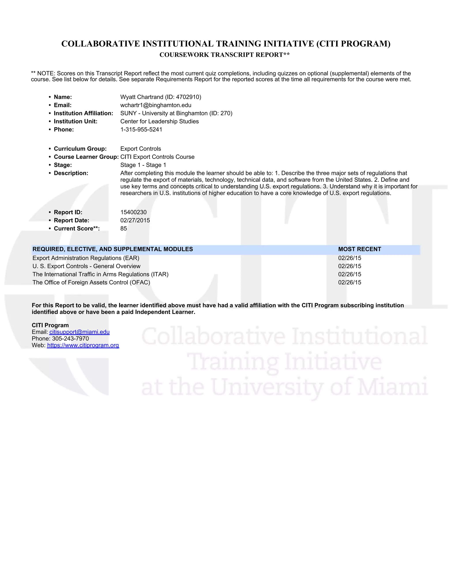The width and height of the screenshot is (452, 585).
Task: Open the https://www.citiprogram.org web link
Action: coord(83,345)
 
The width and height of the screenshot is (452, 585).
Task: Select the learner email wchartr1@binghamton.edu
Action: coord(156,105)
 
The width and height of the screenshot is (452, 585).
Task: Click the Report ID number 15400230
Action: coord(133,212)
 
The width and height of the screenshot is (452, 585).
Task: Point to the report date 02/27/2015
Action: coord(135,221)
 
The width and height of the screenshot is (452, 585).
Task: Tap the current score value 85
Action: coord(123,228)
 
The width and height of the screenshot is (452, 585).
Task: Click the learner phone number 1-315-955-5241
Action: coord(141,130)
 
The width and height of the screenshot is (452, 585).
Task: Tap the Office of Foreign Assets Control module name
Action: coord(91,283)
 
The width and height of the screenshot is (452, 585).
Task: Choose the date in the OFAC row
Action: coord(349,283)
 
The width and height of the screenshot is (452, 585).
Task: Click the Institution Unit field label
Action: coord(75,122)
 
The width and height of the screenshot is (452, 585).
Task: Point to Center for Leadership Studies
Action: coord(159,122)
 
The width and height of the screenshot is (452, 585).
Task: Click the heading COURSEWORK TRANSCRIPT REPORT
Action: coord(224,55)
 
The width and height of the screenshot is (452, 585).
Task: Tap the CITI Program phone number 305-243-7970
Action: coord(70,339)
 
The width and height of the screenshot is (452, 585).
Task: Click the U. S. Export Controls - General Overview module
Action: coord(86,266)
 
